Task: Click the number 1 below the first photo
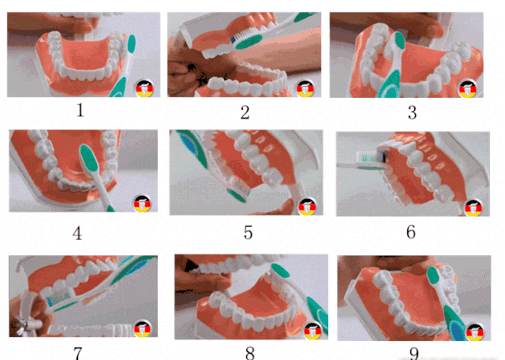(80, 111)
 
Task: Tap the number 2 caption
(245, 112)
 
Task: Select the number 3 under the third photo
(412, 113)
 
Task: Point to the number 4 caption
(77, 234)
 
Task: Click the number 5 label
(248, 232)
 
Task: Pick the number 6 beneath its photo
(410, 232)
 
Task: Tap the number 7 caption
(77, 353)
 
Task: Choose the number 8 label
(250, 353)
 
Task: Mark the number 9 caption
(414, 354)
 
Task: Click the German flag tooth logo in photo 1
(144, 88)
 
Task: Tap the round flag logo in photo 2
(305, 88)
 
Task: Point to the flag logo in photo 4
(142, 204)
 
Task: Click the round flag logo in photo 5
(307, 206)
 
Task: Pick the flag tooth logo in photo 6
(473, 208)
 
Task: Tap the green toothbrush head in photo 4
(89, 158)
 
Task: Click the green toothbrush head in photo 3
(399, 40)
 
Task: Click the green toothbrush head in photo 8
(280, 271)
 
